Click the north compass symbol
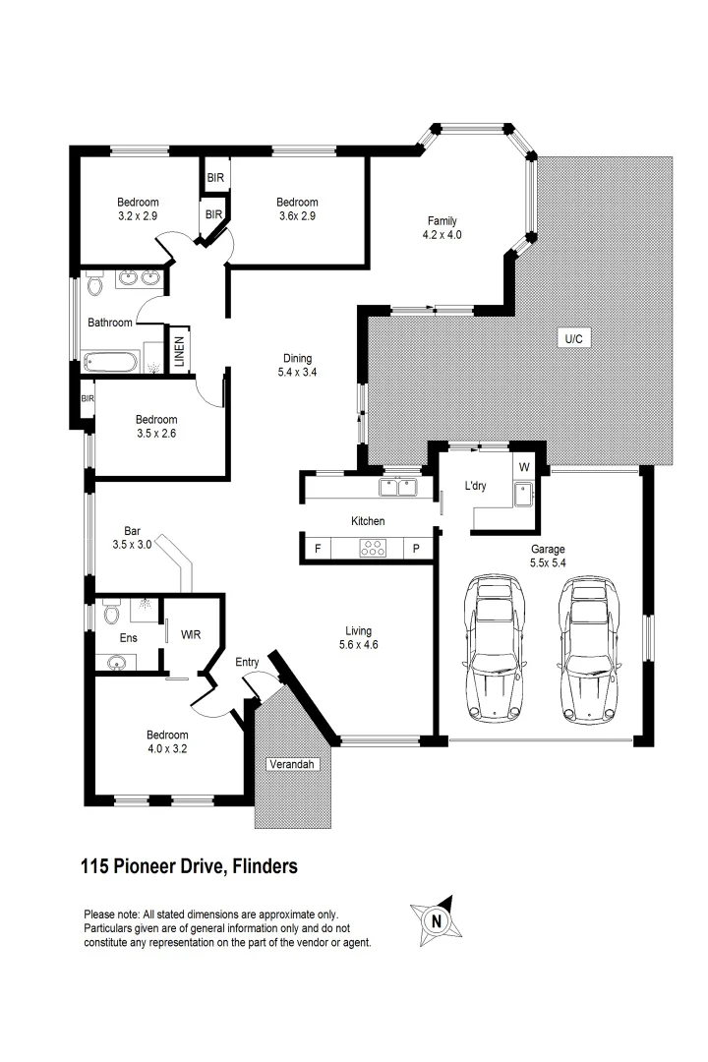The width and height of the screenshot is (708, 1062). tap(436, 921)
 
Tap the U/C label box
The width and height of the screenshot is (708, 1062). tap(573, 338)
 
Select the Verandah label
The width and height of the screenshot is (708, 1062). tap(292, 764)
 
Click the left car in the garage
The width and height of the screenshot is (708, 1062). tap(496, 649)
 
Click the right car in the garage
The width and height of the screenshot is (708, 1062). tap(591, 649)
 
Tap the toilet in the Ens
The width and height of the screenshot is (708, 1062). tap(112, 613)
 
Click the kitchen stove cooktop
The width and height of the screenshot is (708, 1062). tap(373, 548)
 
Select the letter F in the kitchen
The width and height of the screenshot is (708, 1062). tap(317, 549)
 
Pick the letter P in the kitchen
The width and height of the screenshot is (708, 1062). tap(416, 549)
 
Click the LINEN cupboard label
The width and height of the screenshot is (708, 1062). tap(180, 351)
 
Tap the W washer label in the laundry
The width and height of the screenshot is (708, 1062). tap(524, 467)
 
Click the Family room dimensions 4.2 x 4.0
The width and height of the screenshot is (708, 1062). tap(442, 235)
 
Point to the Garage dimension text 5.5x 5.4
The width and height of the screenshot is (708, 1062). tap(548, 562)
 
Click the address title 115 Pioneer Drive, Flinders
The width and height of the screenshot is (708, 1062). tap(189, 866)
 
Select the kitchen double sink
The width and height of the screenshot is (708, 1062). tap(397, 487)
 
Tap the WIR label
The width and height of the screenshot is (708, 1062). tap(191, 634)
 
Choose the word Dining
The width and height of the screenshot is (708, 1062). tap(297, 358)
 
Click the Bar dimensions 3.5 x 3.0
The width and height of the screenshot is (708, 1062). tap(132, 544)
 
